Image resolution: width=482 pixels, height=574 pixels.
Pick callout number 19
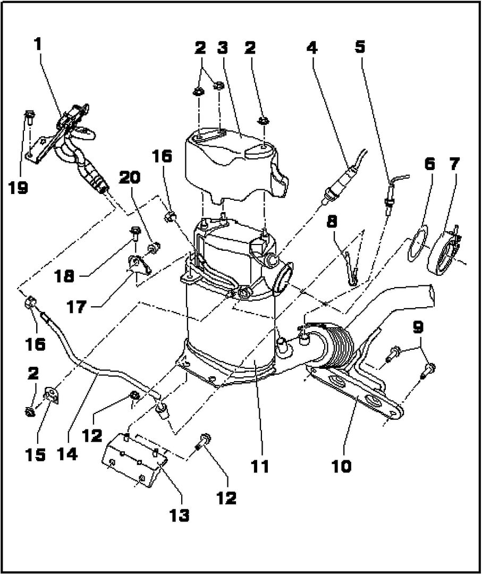point(21,188)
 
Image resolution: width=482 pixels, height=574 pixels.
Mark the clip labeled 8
point(351,268)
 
